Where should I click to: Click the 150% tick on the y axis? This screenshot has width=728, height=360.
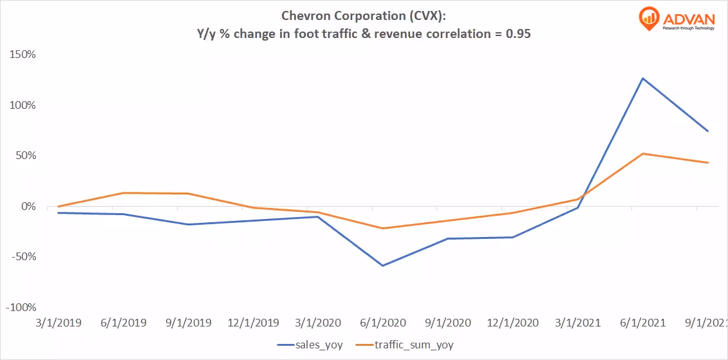click(x=23, y=55)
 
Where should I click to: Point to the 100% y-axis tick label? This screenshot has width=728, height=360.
click(x=23, y=106)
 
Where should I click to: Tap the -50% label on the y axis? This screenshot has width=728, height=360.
click(x=23, y=257)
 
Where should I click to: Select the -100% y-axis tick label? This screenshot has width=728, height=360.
click(x=21, y=308)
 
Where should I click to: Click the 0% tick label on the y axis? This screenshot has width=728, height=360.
click(x=27, y=207)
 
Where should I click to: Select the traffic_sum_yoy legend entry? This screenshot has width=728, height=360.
click(x=415, y=345)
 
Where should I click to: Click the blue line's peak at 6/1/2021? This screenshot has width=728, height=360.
click(x=642, y=79)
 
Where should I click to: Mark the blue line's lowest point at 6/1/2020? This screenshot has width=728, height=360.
click(x=382, y=265)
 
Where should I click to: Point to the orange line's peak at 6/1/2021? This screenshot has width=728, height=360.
click(x=642, y=154)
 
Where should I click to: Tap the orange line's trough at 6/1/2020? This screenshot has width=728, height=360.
click(x=382, y=228)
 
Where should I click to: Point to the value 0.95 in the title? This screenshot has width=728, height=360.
click(x=518, y=34)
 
